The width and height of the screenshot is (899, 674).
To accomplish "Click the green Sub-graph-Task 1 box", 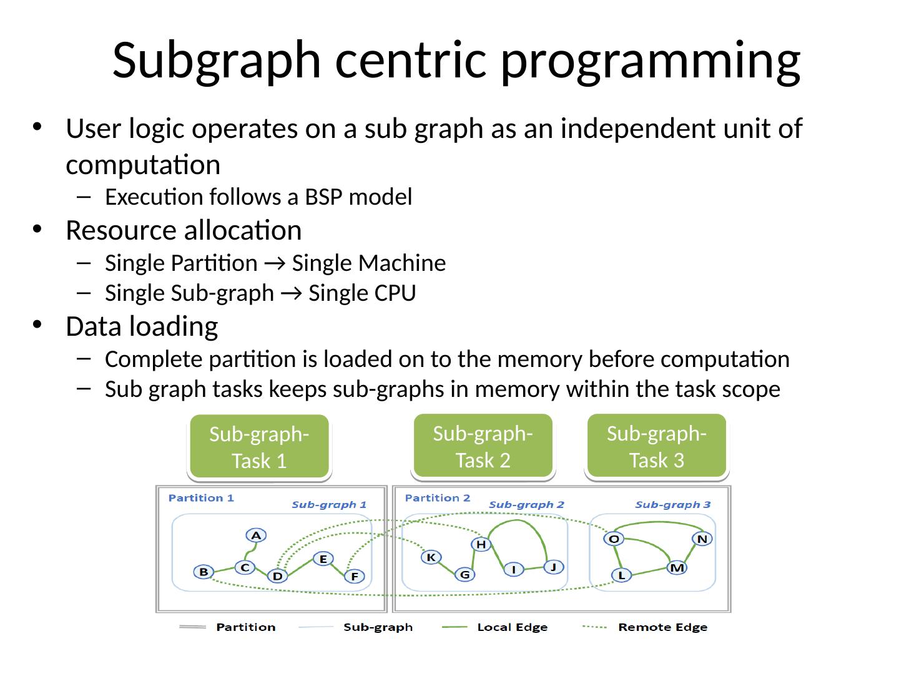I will [259, 447].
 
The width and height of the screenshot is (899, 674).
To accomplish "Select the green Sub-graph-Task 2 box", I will [483, 446].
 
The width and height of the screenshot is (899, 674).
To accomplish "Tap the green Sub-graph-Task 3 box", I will [657, 446].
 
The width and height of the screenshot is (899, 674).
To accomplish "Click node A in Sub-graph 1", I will [256, 535].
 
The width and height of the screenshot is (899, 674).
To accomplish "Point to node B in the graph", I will [203, 572].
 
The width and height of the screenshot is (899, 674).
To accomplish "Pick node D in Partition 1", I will [277, 576].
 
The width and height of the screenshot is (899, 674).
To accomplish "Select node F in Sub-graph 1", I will [354, 577].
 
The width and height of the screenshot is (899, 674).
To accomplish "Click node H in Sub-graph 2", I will [481, 544].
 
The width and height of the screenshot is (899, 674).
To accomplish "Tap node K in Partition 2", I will [431, 557].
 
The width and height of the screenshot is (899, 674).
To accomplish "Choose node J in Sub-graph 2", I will [553, 567].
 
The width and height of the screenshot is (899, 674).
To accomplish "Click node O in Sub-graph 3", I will [614, 539].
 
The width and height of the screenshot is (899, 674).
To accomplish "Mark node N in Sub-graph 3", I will [702, 539].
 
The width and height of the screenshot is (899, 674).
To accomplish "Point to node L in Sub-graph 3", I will [621, 575].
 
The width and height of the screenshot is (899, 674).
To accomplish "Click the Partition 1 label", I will [201, 498].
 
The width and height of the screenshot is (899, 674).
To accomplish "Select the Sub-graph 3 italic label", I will [672, 504].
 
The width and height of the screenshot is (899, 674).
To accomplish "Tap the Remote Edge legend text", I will [662, 627].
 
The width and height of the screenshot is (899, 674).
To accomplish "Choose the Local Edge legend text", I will [512, 627].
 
